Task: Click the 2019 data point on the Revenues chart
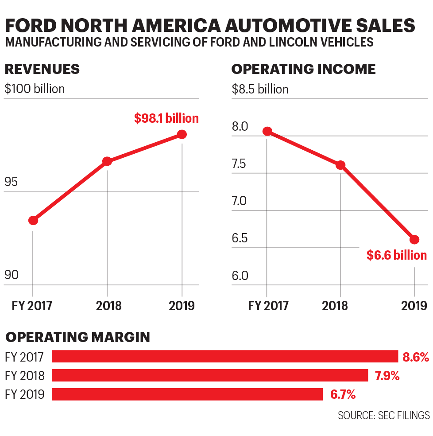[x=182, y=134]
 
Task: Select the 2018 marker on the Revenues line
[x=107, y=161]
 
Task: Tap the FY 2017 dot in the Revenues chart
[x=33, y=220]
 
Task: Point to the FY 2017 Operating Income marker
[x=267, y=131]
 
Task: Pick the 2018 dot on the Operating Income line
[x=340, y=165]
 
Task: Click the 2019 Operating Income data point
[x=414, y=240]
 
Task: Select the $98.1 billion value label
[x=166, y=118]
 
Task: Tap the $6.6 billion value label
[x=397, y=255]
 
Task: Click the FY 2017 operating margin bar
[x=225, y=357]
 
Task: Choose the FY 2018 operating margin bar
[x=210, y=375]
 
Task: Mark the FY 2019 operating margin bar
[x=187, y=394]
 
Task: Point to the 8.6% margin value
[x=415, y=357]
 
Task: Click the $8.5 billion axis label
[x=260, y=89]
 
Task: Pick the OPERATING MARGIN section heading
[x=77, y=337]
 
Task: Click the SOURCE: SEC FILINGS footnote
[x=383, y=416]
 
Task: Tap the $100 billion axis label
[x=35, y=89]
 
